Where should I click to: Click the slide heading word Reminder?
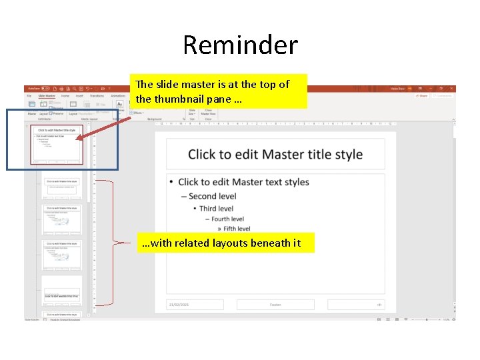(x=240, y=45)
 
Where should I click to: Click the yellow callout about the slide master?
(x=219, y=91)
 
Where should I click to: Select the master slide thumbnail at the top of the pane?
(x=58, y=144)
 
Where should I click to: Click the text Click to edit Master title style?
(x=275, y=155)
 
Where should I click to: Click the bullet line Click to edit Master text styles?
(x=243, y=182)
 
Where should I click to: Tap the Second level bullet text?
(x=212, y=196)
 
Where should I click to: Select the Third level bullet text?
(x=216, y=208)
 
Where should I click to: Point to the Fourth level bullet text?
(x=227, y=219)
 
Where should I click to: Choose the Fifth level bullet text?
(x=237, y=229)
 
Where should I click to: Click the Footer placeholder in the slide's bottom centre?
(x=275, y=305)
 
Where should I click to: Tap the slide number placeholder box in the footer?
(x=355, y=305)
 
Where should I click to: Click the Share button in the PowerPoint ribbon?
(x=421, y=96)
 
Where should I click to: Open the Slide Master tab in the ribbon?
(x=46, y=96)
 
